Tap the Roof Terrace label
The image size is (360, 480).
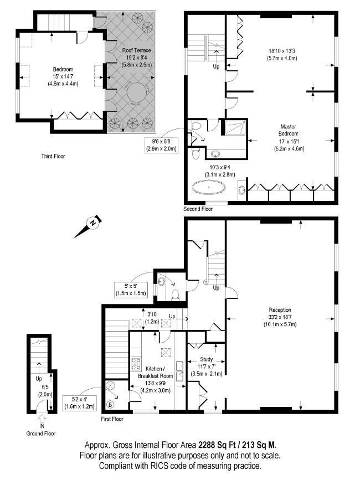click(x=137, y=50)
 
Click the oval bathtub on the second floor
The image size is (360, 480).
click(x=209, y=187)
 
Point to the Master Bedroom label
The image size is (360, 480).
click(x=289, y=130)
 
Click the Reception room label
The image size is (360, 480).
click(x=280, y=310)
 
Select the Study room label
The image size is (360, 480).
click(x=207, y=359)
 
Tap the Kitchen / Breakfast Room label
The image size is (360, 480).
click(x=155, y=372)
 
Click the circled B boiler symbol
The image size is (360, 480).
click(x=111, y=404)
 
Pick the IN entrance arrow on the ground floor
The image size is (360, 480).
click(x=42, y=418)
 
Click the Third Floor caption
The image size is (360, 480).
click(x=53, y=157)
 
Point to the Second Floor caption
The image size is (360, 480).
click(x=198, y=209)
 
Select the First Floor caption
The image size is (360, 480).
click(x=112, y=419)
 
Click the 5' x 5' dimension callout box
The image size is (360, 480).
click(x=131, y=290)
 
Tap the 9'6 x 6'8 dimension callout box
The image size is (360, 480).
click(x=161, y=146)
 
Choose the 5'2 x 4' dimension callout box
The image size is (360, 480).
click(x=79, y=403)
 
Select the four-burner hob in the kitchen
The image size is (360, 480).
click(x=136, y=364)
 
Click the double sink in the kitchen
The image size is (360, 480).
click(x=179, y=371)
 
